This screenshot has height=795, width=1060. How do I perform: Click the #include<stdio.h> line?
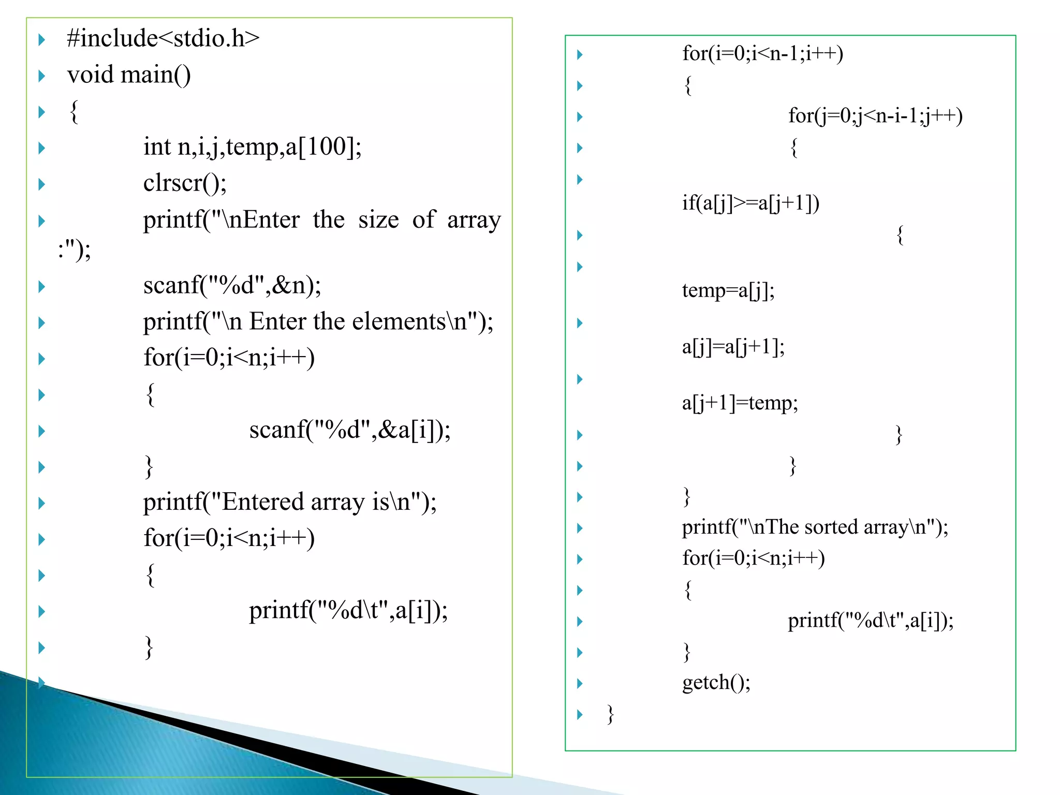click(x=163, y=38)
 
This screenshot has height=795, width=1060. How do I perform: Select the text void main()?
click(x=129, y=75)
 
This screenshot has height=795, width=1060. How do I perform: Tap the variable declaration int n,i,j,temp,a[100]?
click(x=252, y=147)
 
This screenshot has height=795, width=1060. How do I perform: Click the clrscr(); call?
click(x=185, y=183)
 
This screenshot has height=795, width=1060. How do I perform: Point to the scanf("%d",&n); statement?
click(x=232, y=285)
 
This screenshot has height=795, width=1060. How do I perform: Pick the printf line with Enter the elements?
click(x=318, y=321)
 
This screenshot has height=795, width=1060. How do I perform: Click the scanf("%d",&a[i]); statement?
click(x=349, y=430)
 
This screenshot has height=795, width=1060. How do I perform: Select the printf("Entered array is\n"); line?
click(x=289, y=502)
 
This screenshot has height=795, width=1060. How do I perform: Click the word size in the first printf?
click(x=378, y=220)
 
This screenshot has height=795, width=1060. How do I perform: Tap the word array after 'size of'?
click(x=474, y=220)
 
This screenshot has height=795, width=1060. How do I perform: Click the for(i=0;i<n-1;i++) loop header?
click(x=762, y=53)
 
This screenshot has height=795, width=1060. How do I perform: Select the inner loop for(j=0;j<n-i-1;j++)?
click(x=875, y=115)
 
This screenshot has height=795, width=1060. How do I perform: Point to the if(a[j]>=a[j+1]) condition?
click(x=750, y=203)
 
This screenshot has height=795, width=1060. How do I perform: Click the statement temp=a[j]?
click(x=728, y=290)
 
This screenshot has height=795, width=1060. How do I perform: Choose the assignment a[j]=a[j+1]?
click(x=733, y=346)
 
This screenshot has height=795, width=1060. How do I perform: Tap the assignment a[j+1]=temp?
click(x=740, y=403)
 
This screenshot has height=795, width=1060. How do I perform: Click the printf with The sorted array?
click(x=815, y=527)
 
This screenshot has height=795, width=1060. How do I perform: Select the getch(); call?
click(x=716, y=683)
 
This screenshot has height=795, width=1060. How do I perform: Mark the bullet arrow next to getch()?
click(x=580, y=684)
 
